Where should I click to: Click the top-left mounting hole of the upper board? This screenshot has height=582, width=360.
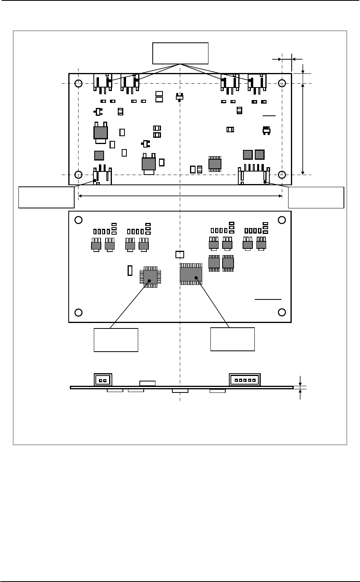click(79, 83)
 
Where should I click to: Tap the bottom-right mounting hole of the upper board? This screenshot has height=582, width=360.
click(282, 174)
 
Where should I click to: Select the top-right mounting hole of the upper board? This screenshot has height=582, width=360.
click(282, 83)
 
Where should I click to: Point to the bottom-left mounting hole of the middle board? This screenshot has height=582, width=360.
click(79, 312)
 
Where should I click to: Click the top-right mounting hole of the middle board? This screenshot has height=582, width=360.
click(282, 220)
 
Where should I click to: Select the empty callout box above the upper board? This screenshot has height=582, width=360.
click(180, 52)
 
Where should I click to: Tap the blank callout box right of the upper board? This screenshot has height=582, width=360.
click(316, 197)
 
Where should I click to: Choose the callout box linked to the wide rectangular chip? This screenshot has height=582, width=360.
click(233, 339)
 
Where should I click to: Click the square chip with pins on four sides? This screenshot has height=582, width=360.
click(149, 277)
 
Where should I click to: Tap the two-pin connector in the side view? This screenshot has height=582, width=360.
click(103, 380)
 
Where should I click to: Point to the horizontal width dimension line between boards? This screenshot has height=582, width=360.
click(180, 195)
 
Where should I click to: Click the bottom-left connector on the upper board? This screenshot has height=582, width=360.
click(102, 177)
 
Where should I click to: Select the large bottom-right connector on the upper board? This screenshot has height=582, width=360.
click(254, 177)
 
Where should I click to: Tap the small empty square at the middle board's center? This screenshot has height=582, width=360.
click(179, 255)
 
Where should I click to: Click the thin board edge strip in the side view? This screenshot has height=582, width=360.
click(182, 387)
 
